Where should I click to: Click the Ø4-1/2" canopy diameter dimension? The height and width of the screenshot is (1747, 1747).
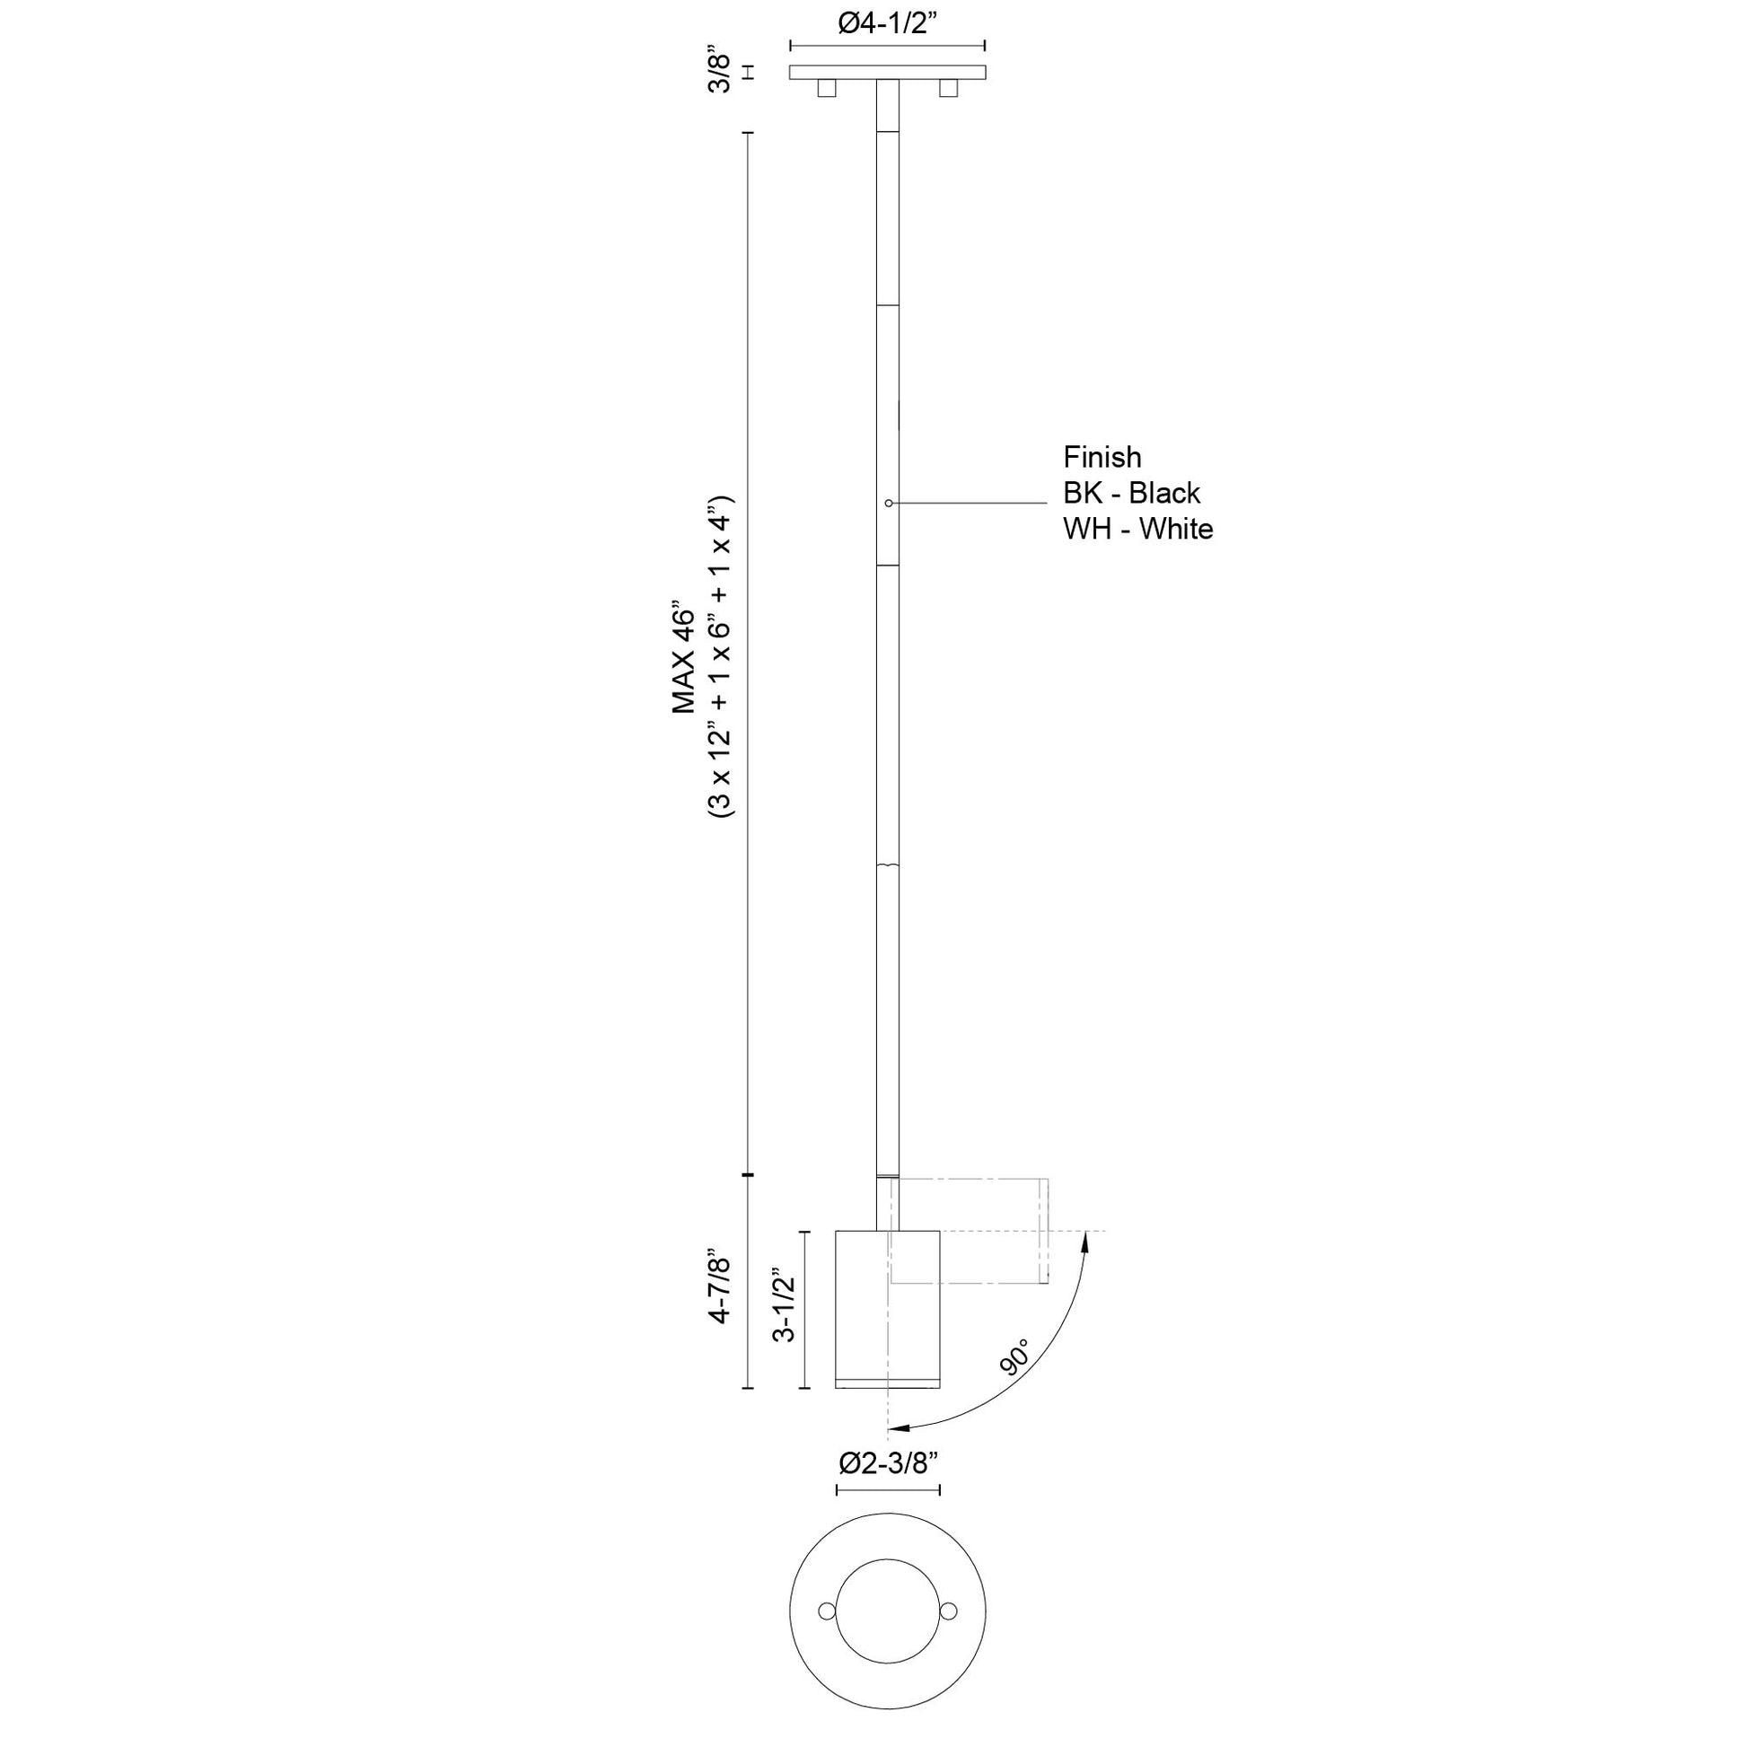coord(887,24)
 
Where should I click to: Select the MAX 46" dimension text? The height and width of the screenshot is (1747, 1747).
coord(684,657)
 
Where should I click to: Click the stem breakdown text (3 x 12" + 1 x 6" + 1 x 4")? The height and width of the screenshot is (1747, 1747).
coord(723,657)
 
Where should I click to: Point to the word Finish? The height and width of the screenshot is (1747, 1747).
coord(1102,458)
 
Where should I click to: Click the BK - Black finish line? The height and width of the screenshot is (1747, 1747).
coord(1131,494)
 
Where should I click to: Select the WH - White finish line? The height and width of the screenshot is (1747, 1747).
coord(1137,529)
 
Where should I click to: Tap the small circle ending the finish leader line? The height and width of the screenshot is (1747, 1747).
coord(889,503)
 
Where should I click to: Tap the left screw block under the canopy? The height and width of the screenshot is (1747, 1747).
coord(826,88)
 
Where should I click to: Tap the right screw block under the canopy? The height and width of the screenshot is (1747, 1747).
coord(948,88)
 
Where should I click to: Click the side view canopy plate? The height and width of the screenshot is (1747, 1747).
coord(887,73)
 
